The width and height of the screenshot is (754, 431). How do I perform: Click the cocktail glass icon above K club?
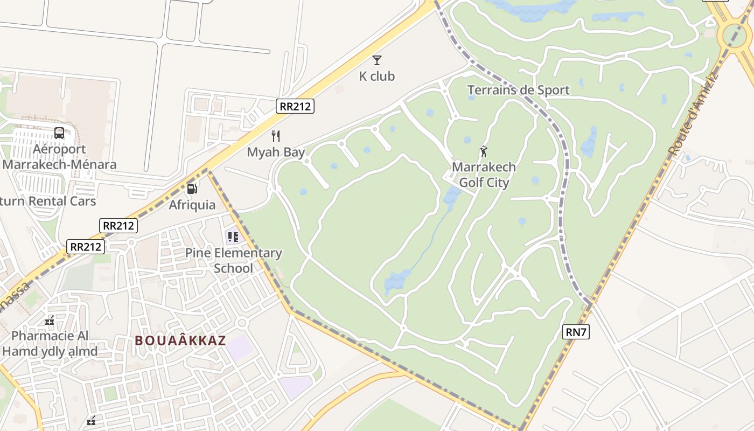[377, 60]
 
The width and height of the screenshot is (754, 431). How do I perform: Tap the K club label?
[377, 77]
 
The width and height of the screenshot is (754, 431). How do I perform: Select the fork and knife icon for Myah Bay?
[276, 136]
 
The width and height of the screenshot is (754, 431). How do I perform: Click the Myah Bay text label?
[276, 152]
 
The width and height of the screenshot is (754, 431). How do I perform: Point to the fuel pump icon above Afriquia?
[192, 189]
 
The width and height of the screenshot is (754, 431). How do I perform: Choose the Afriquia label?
[192, 205]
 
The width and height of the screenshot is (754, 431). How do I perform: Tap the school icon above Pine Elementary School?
[233, 237]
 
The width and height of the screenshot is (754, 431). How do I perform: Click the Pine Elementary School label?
[233, 260]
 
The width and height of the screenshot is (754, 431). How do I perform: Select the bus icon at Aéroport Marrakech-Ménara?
[59, 133]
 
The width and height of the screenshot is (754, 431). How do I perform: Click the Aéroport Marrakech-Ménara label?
[59, 157]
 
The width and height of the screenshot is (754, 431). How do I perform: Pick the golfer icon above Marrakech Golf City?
[484, 151]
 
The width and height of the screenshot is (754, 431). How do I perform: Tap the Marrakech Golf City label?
[484, 175]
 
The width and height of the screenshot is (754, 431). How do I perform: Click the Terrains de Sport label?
[518, 90]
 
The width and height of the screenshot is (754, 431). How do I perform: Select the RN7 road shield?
[576, 332]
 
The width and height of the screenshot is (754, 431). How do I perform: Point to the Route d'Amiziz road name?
[694, 114]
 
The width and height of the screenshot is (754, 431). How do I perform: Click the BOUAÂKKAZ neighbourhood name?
[180, 340]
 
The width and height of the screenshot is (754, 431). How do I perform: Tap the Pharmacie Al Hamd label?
[50, 344]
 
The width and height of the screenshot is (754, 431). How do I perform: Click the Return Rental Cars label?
[48, 201]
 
